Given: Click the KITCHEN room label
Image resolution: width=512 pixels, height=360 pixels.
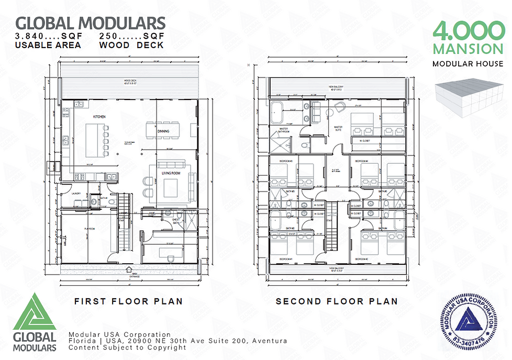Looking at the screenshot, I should tap(100, 116).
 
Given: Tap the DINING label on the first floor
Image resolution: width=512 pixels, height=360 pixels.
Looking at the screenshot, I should tap(163, 132).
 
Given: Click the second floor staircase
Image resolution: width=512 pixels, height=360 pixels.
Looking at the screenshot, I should tap(331, 231).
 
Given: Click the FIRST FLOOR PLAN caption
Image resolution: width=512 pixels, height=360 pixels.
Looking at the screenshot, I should tap(128, 301).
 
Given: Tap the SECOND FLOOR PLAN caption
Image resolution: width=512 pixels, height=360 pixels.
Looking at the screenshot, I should tap(337, 301).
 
